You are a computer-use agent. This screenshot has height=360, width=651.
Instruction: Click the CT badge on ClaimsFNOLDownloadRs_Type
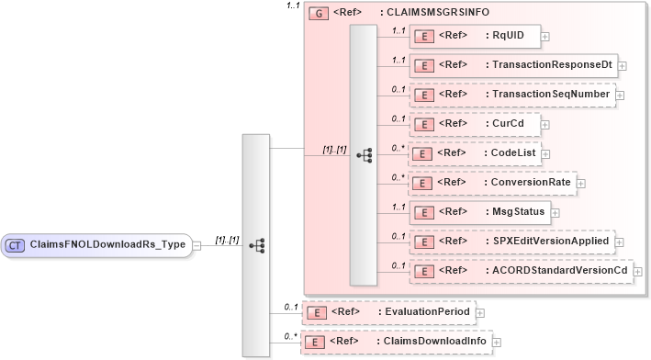click(16, 245)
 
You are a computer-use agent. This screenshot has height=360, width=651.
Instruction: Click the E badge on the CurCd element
click(424, 124)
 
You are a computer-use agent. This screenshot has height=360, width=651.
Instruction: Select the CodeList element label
click(511, 152)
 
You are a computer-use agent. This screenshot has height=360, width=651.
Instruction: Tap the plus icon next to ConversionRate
click(580, 183)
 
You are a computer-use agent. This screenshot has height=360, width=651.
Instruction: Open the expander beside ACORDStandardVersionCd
click(638, 272)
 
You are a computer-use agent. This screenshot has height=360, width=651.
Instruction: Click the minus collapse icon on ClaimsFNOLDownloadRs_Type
click(196, 246)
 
